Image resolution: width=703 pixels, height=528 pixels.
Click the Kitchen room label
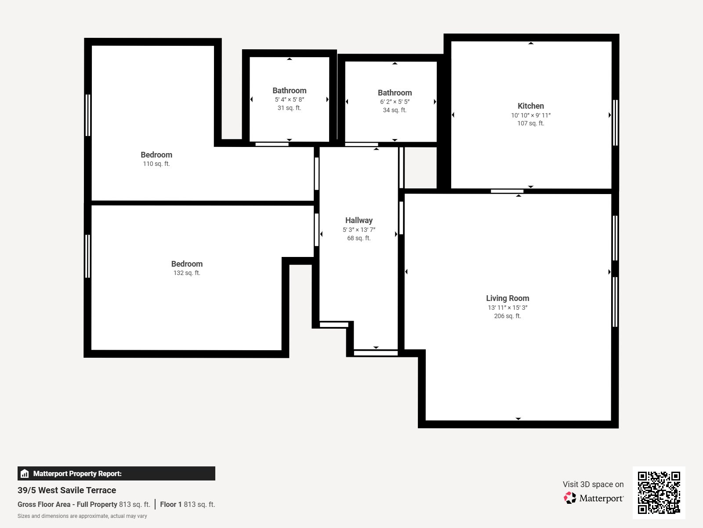click(530, 106)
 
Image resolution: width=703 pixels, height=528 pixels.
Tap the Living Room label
click(507, 298)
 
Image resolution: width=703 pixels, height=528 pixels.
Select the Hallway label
click(359, 220)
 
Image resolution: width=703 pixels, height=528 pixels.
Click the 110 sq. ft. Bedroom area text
click(156, 164)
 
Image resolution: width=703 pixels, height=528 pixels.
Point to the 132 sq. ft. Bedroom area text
click(187, 273)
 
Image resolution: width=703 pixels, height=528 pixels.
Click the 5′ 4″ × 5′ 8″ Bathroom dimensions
click(289, 99)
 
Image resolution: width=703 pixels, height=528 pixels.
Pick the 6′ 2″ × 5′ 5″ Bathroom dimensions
click(395, 102)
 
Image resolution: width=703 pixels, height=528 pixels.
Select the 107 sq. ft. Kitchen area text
click(530, 123)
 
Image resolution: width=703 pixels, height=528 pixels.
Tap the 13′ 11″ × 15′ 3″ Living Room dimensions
click(507, 308)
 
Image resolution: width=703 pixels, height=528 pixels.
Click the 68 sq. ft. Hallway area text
click(359, 238)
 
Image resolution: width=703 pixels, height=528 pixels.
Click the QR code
click(659, 492)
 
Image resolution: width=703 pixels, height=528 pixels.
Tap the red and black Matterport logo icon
click(570, 498)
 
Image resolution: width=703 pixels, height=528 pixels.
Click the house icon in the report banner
click(25, 473)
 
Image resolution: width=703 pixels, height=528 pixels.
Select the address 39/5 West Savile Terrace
click(67, 490)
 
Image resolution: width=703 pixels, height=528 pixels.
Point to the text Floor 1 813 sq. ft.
click(187, 504)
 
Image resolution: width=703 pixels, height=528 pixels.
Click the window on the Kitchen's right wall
click(615, 123)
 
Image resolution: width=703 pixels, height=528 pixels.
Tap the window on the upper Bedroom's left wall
click(88, 115)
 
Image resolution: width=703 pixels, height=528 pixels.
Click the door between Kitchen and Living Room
click(507, 191)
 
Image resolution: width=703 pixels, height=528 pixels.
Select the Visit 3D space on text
click(593, 484)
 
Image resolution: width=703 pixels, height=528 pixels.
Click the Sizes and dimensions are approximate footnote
click(82, 516)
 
